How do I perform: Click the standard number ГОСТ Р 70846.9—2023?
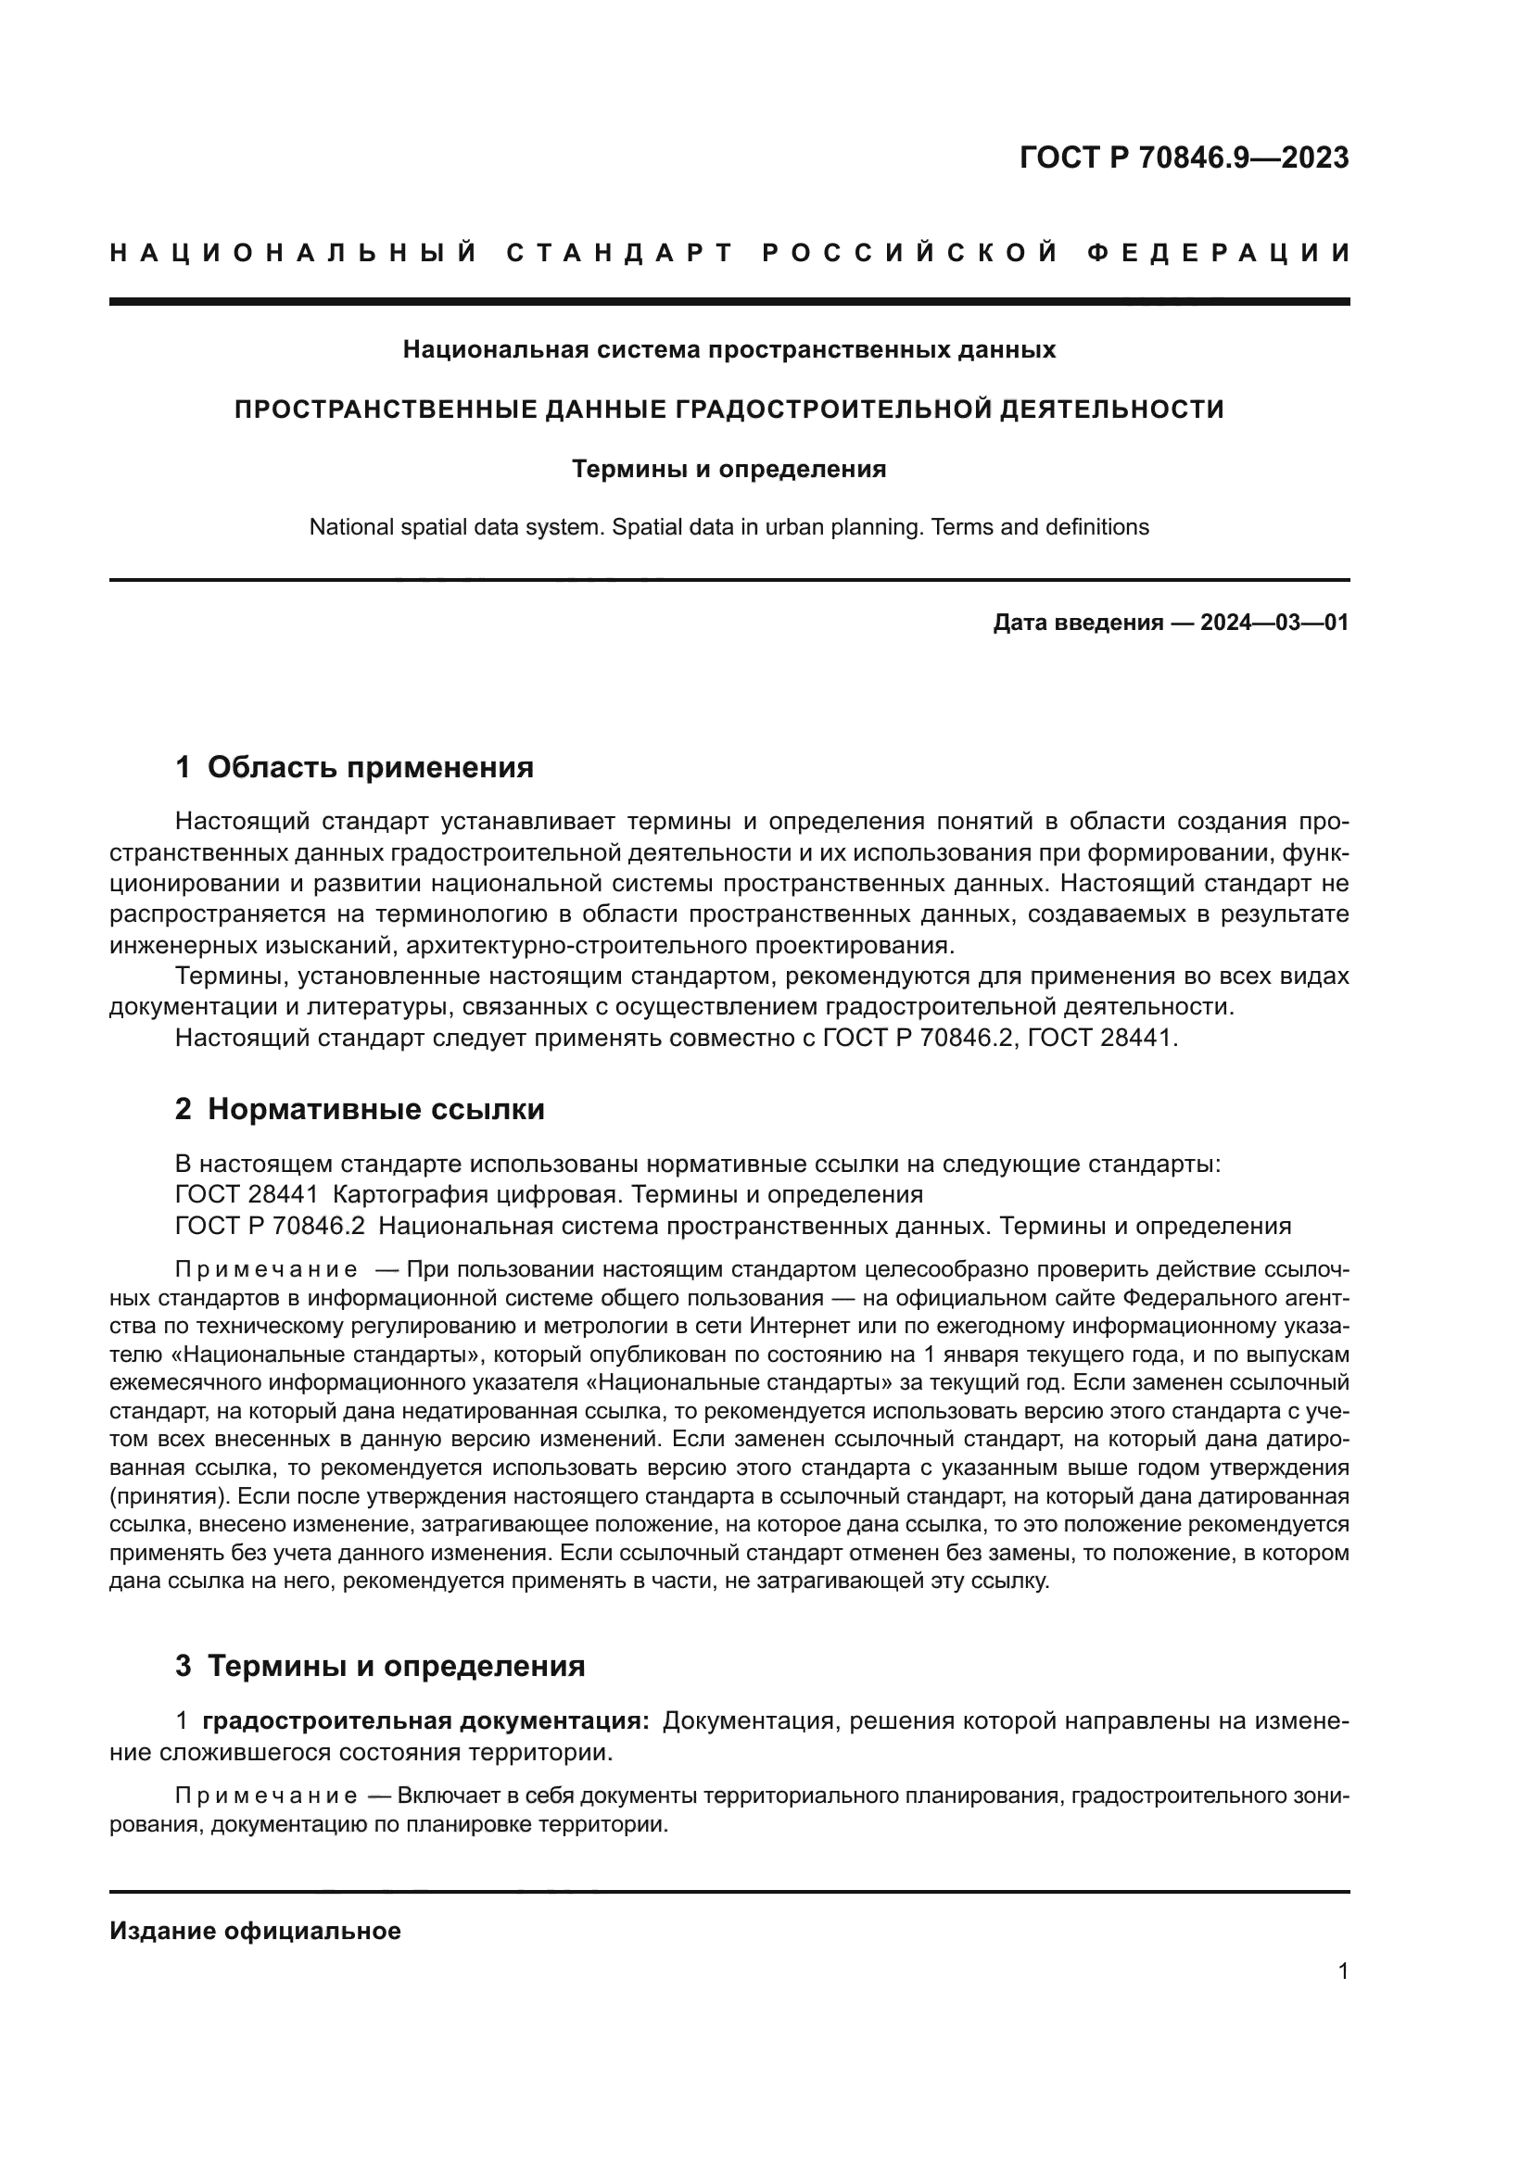1184,157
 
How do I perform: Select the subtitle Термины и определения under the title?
728,469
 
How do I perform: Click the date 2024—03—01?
1274,623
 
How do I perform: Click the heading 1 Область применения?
355,767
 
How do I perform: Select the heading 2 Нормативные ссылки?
360,1109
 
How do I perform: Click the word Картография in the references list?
404,1195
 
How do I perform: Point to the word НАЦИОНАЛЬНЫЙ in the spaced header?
295,253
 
